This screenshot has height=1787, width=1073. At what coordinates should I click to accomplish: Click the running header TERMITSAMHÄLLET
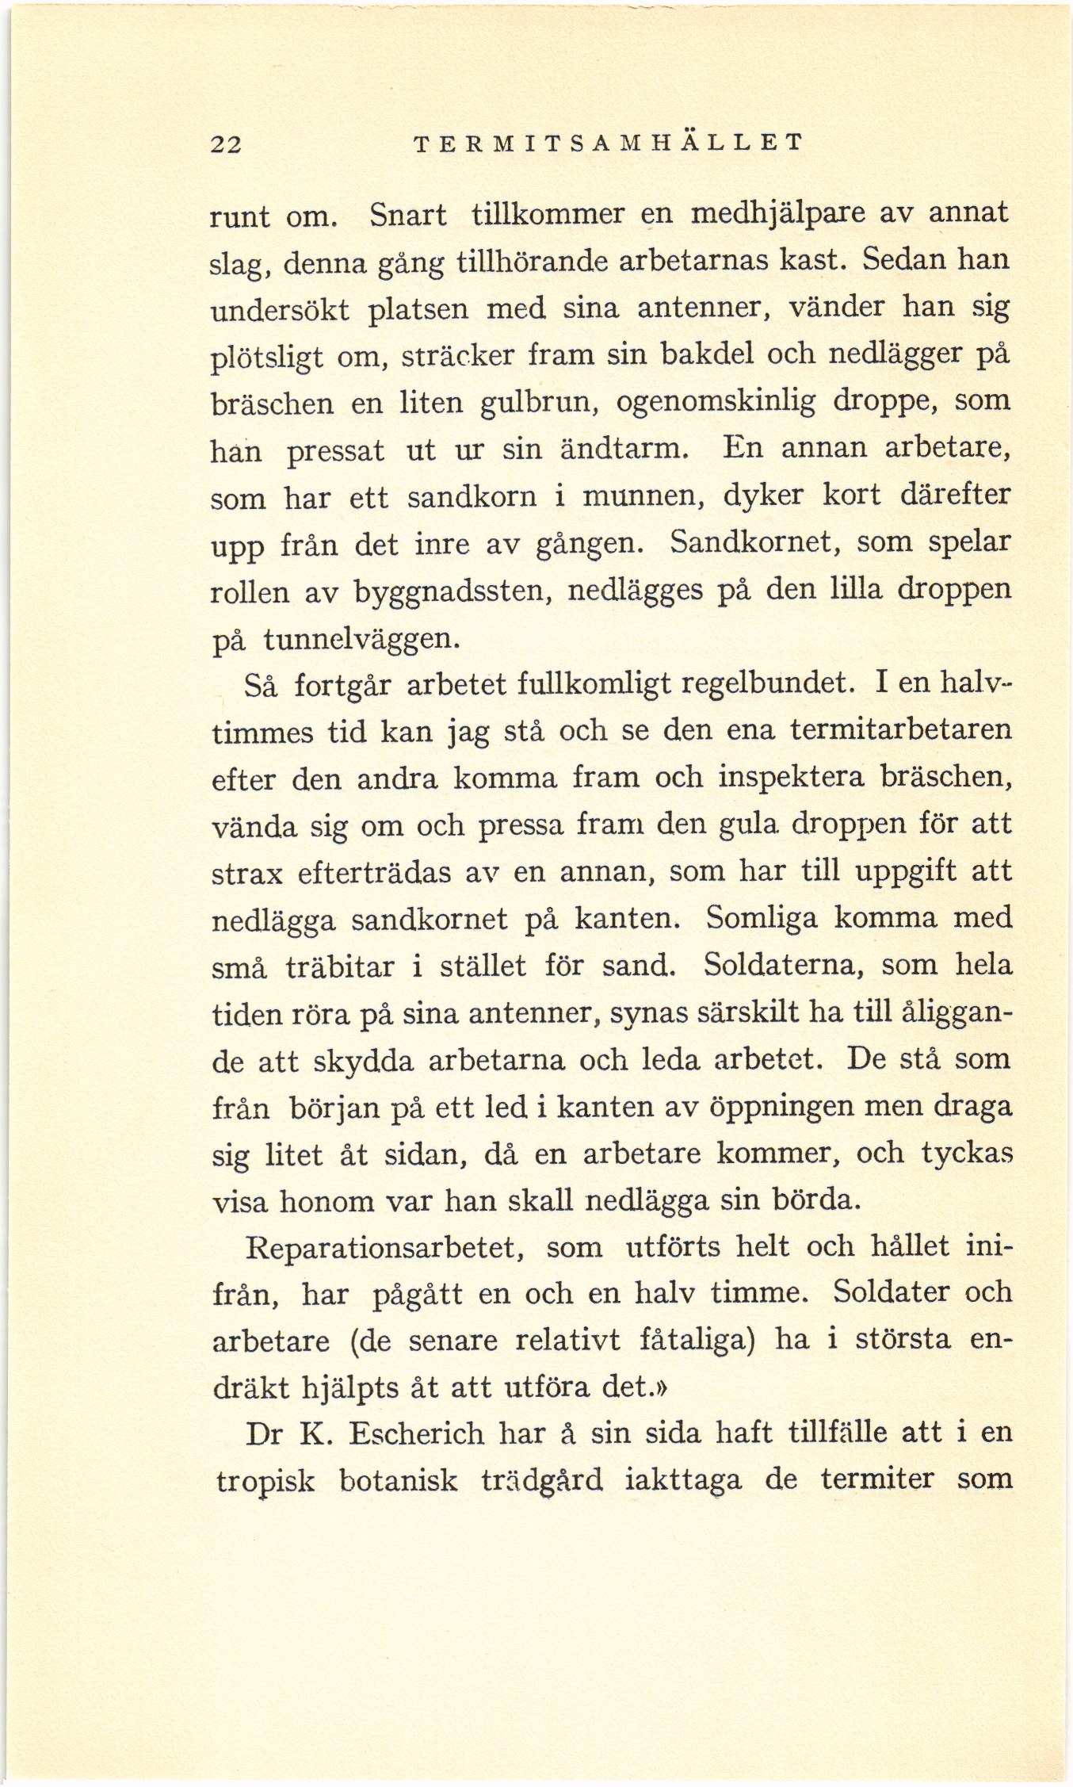[609, 143]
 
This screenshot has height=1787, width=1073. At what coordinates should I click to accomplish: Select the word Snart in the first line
[408, 215]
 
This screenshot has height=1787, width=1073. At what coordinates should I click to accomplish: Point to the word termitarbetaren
[901, 729]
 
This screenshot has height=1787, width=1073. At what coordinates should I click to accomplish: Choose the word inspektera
[791, 777]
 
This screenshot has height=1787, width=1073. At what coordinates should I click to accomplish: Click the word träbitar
[341, 966]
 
